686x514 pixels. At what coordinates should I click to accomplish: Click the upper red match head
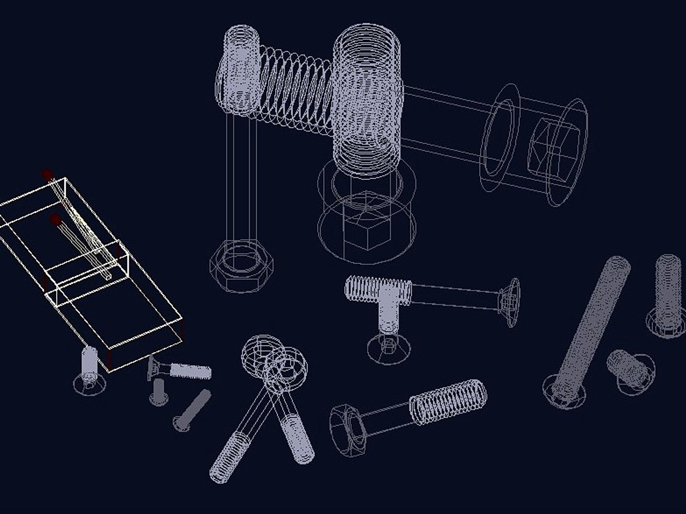47,174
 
